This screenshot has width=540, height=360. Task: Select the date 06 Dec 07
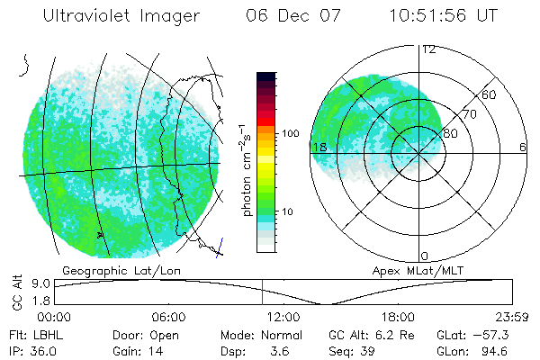291,17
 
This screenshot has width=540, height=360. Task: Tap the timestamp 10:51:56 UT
444,17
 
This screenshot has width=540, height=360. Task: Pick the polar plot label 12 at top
428,49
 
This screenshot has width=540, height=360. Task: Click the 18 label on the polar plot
319,147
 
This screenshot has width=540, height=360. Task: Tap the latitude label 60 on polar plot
490,94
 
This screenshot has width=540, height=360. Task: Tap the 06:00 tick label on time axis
168,318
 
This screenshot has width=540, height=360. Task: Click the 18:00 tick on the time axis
398,318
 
